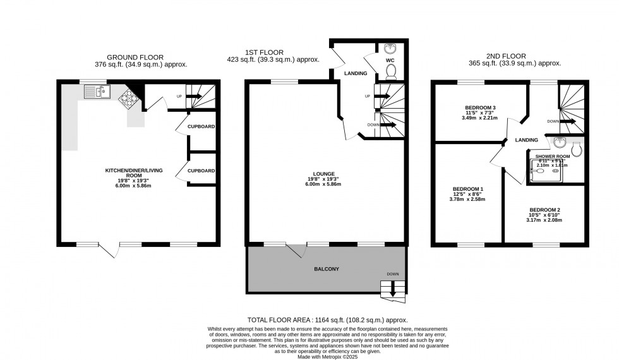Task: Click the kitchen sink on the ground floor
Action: (x=97, y=93)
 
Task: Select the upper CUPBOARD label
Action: (x=201, y=126)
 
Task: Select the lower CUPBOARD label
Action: (x=201, y=171)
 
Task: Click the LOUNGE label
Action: (x=323, y=174)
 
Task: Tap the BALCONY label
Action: (x=327, y=269)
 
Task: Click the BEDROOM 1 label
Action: (x=468, y=189)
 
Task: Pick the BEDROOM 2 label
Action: (x=544, y=210)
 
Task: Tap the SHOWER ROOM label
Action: (x=553, y=156)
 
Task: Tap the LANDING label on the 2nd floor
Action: (x=526, y=140)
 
